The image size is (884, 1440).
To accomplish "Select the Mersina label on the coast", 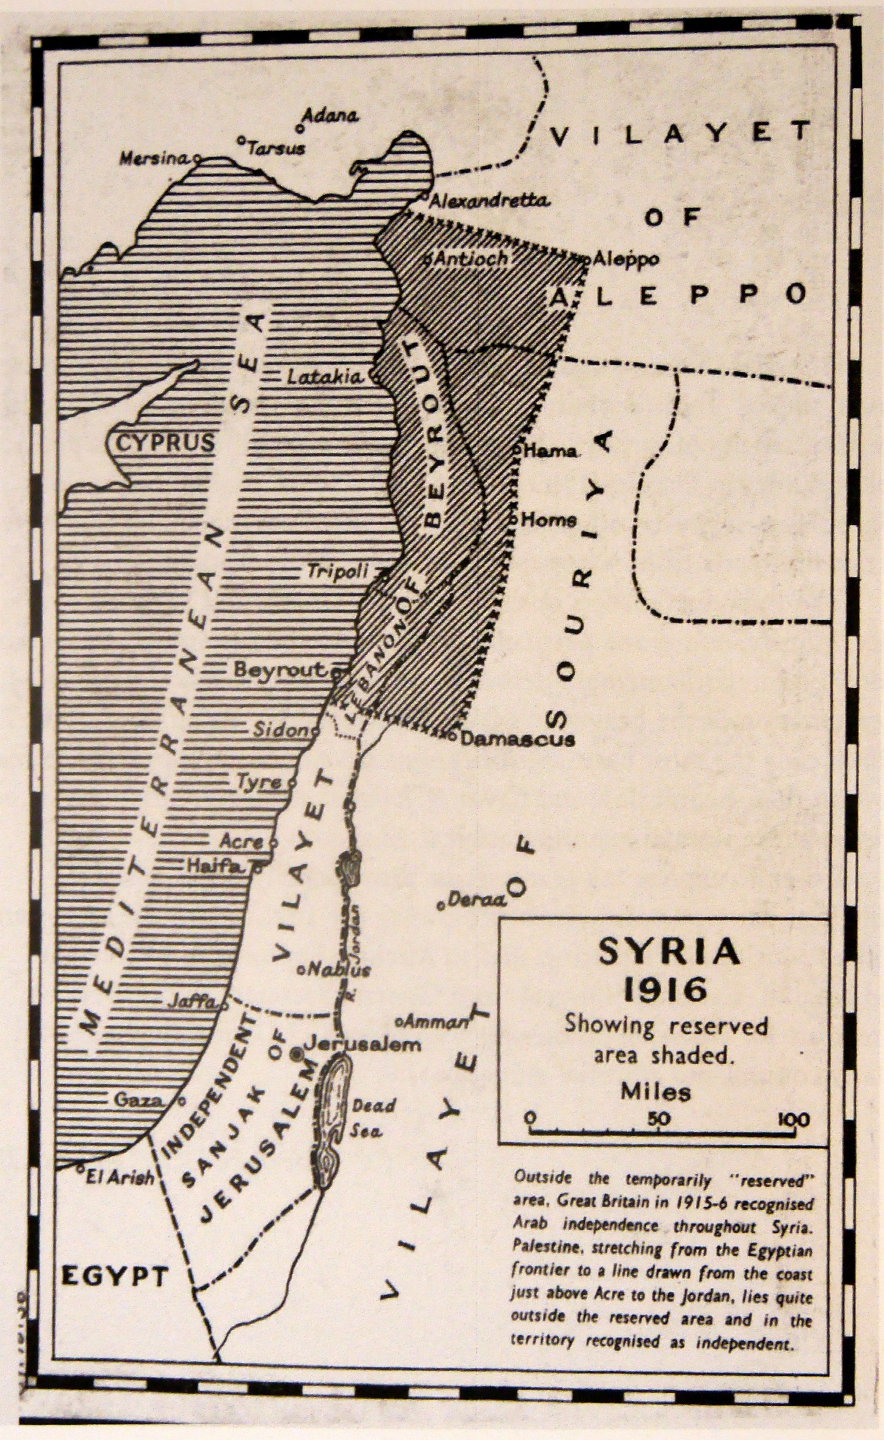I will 156,158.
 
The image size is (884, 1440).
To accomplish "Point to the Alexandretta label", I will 490,201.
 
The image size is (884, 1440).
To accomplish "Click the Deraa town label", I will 477,901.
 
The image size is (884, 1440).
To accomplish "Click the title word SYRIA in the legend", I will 669,953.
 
